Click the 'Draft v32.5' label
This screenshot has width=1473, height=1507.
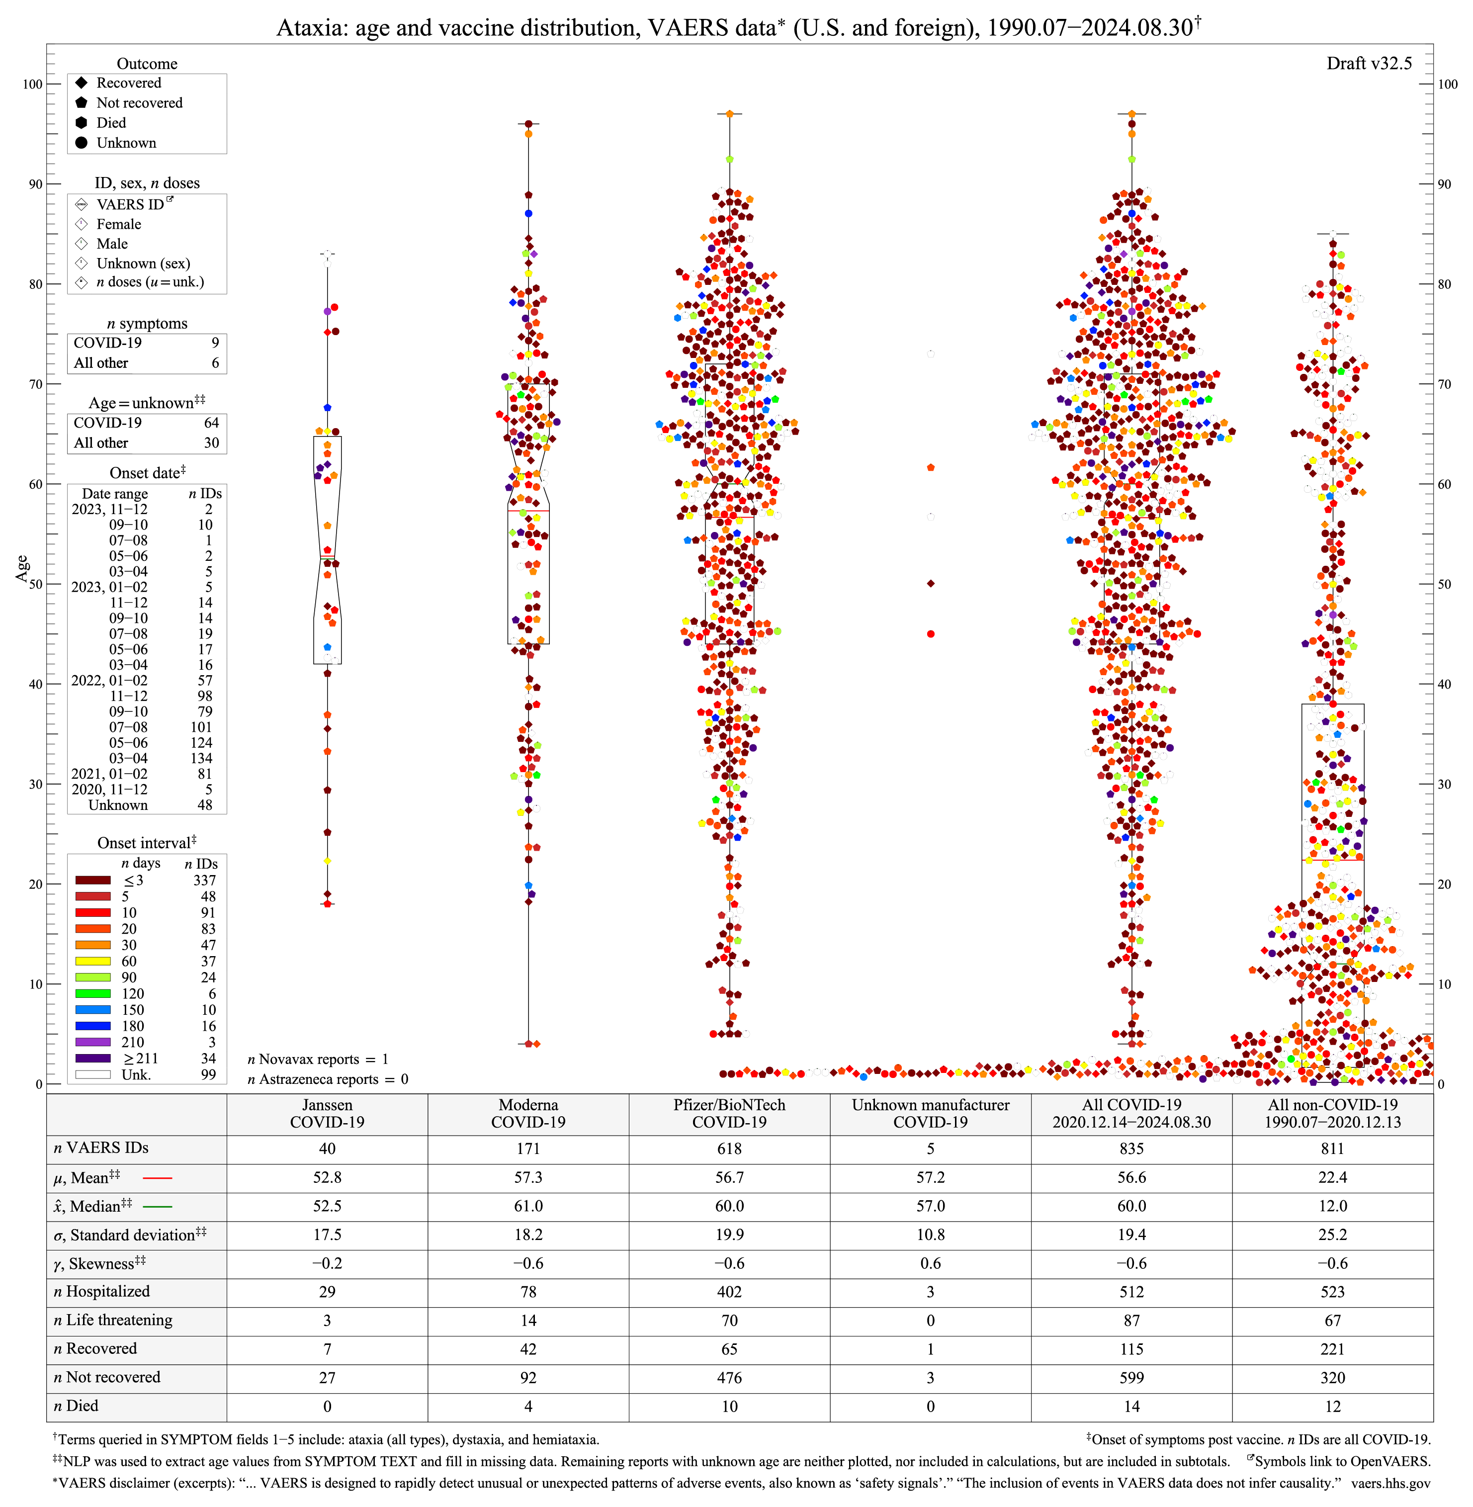tap(1369, 64)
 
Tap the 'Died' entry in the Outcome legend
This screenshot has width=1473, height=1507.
tap(111, 123)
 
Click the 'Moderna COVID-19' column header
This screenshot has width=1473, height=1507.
tap(528, 1113)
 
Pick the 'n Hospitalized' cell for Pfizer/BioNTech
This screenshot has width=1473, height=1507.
tap(729, 1292)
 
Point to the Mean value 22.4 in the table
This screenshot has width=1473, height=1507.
tap(1332, 1177)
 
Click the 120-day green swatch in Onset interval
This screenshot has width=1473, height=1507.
tap(93, 993)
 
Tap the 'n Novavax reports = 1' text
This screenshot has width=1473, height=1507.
tap(318, 1059)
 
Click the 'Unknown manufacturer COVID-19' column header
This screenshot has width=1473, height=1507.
tap(930, 1113)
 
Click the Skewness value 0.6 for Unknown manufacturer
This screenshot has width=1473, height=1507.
tap(930, 1263)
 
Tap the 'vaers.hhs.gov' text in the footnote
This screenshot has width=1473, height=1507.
tap(1390, 1483)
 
